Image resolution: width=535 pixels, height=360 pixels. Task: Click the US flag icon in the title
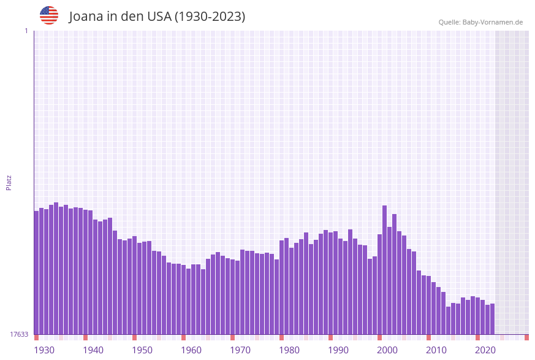coord(49,15)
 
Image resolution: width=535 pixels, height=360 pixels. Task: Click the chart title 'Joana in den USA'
coord(157,17)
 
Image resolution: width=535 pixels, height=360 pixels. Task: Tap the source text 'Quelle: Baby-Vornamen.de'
coord(480,22)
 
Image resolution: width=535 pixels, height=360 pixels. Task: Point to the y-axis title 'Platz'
coord(9,182)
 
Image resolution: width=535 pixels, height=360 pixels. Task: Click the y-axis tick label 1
coord(26,31)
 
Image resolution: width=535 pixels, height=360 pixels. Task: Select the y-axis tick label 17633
coord(19,334)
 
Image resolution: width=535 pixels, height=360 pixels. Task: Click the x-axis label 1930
coord(44,350)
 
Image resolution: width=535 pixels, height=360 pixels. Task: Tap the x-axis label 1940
coord(93,350)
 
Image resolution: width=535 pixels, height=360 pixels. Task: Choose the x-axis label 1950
coord(142,350)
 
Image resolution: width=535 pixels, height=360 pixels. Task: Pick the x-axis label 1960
coord(191,350)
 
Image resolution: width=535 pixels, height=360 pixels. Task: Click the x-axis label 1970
coord(240,350)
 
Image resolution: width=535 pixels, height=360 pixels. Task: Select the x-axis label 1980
coord(289,350)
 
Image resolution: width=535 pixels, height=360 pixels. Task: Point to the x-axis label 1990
coord(338,350)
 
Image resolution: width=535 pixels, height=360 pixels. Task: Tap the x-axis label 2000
coord(387,350)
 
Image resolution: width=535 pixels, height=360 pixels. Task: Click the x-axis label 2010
coord(436,350)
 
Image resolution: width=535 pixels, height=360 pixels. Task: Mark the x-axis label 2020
coord(485,350)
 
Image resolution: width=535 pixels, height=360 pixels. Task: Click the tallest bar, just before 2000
coord(385,270)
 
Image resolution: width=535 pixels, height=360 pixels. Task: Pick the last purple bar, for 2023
coord(493,319)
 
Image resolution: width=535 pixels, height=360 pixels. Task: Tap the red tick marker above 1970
coord(233,337)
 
